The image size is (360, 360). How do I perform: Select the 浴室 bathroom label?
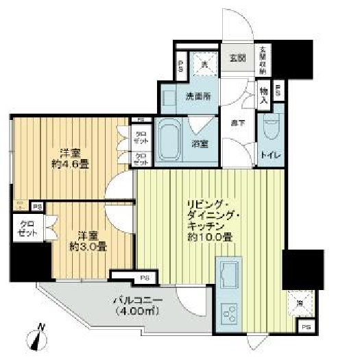(200, 143)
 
